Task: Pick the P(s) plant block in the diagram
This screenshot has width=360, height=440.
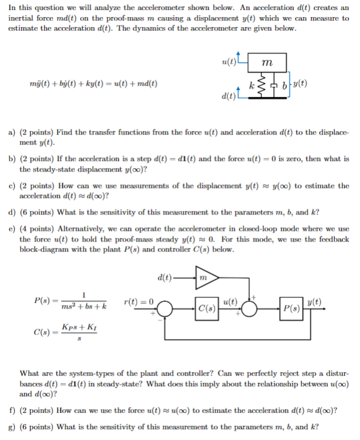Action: (292, 307)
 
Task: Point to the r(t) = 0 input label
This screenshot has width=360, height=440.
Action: (139, 301)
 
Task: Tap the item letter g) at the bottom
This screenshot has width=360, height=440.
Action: (11, 426)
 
